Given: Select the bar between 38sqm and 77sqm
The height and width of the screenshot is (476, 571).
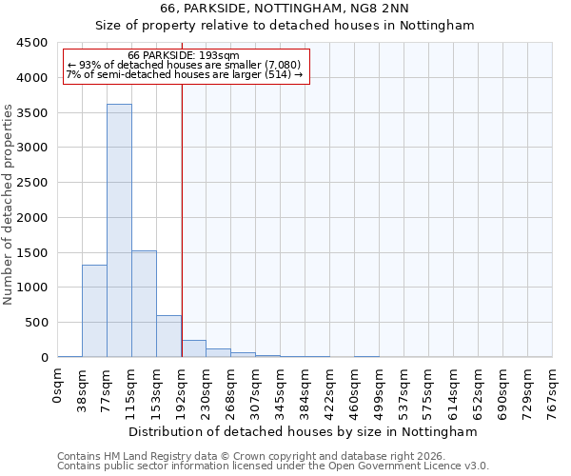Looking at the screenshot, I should pyautogui.click(x=94, y=310).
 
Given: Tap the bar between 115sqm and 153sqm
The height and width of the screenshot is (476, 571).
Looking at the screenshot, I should pyautogui.click(x=144, y=304).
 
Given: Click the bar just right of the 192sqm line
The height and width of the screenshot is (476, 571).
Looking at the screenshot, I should pyautogui.click(x=193, y=348).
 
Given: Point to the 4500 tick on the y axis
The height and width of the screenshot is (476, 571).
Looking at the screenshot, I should pyautogui.click(x=31, y=43).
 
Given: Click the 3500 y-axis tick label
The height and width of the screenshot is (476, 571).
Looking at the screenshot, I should pyautogui.click(x=31, y=112).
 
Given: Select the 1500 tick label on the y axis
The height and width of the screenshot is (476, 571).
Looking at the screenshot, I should pyautogui.click(x=31, y=252).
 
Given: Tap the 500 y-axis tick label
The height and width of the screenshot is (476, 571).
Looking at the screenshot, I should pyautogui.click(x=35, y=322).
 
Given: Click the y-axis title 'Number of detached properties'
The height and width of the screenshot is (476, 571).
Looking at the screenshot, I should pyautogui.click(x=10, y=205).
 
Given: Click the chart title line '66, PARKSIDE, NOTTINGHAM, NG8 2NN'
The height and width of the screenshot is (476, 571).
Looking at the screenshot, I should pyautogui.click(x=285, y=9).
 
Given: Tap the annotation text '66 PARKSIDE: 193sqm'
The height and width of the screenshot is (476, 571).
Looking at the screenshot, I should pyautogui.click(x=184, y=56).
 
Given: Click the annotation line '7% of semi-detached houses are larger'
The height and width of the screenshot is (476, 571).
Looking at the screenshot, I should pyautogui.click(x=184, y=74).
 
